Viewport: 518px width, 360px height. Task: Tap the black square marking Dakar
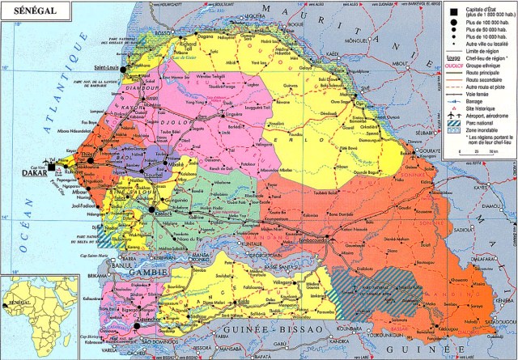tap(52, 167)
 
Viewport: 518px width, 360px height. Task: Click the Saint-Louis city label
tap(107, 68)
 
